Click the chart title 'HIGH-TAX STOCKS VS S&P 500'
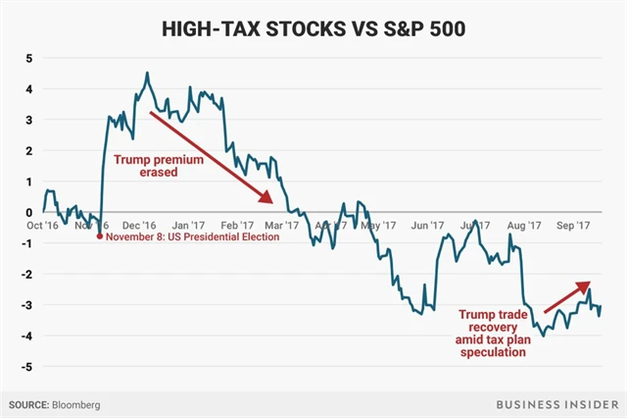click(x=313, y=28)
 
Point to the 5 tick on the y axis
click(x=28, y=58)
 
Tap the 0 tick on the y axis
click(x=28, y=212)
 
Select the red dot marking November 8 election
click(x=101, y=236)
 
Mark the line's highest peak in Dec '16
click(x=146, y=73)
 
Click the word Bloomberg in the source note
click(x=76, y=403)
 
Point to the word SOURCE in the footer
click(x=29, y=403)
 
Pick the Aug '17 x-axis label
click(x=524, y=225)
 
